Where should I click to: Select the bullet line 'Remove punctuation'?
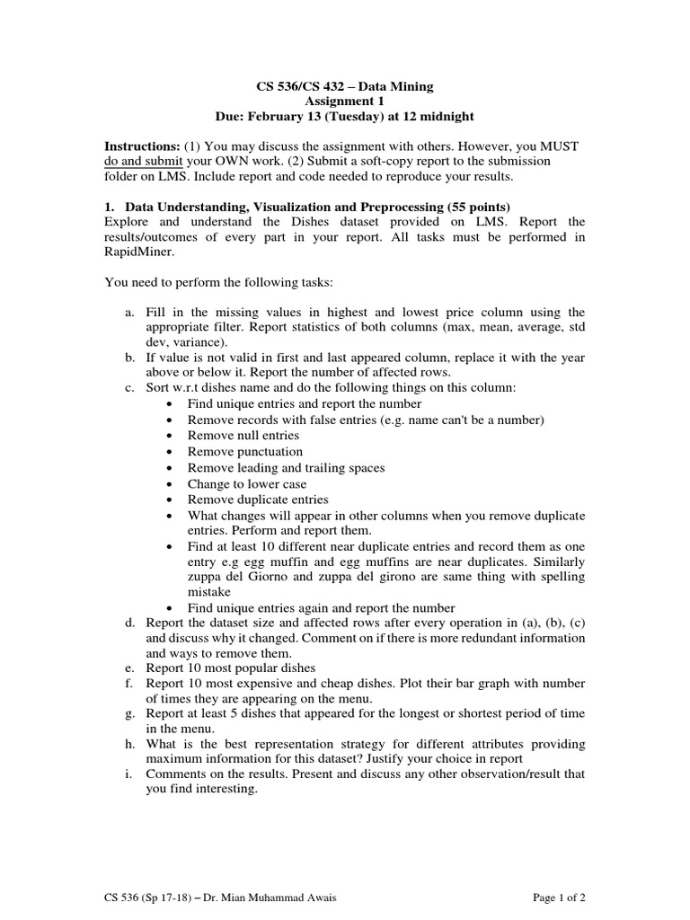[x=244, y=452]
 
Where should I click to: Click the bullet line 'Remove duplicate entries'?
[x=258, y=500]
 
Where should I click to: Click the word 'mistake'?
[x=208, y=592]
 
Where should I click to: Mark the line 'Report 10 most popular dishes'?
[x=230, y=668]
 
